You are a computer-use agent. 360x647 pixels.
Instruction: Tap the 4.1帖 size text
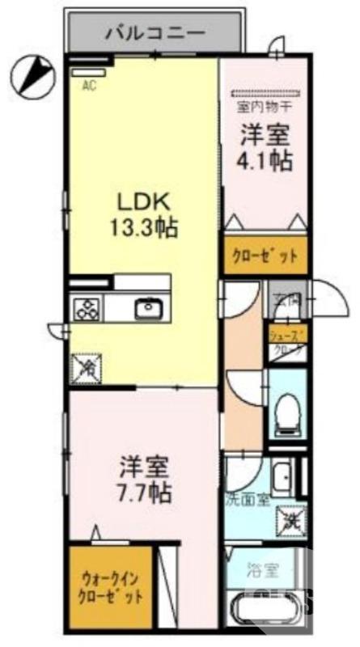[265, 159]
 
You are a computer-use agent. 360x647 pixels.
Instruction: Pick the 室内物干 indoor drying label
[265, 106]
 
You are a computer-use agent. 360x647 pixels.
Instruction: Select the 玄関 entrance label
[287, 299]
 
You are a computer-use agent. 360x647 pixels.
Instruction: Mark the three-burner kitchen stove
[87, 308]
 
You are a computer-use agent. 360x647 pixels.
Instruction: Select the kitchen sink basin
[148, 307]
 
